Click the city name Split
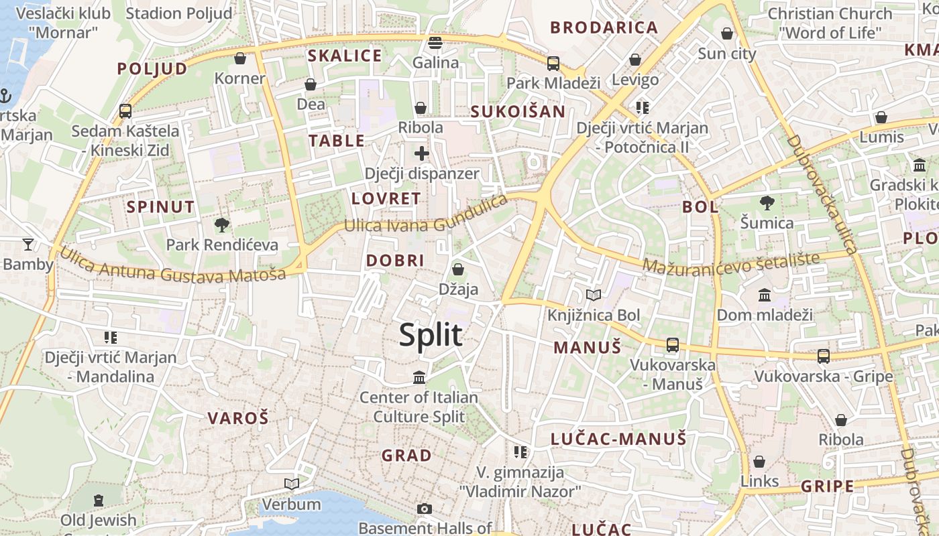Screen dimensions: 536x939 coord(431,334)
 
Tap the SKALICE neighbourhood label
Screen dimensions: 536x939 coord(345,56)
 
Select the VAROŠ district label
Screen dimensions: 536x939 coord(238,419)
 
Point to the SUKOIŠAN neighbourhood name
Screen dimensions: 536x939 coord(518,111)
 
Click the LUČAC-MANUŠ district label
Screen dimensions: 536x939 coord(618,439)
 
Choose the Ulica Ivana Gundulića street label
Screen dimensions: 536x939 coord(425,216)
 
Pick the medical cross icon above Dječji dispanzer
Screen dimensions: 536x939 coord(422,153)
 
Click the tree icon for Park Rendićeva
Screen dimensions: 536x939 coord(221,224)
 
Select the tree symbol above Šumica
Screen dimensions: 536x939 coord(767,202)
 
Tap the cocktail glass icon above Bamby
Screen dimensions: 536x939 coord(27,244)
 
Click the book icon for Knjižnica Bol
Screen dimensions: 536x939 coord(594,295)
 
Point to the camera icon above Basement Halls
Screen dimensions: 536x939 coord(424,509)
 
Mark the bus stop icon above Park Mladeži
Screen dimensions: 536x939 coord(553,64)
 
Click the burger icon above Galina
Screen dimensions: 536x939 coord(435,43)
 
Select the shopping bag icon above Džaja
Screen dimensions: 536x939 coord(458,269)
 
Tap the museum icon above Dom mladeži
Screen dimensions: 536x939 coord(764,295)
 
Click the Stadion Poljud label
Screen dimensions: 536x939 coord(179,13)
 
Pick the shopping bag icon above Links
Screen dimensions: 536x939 coord(759,462)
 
